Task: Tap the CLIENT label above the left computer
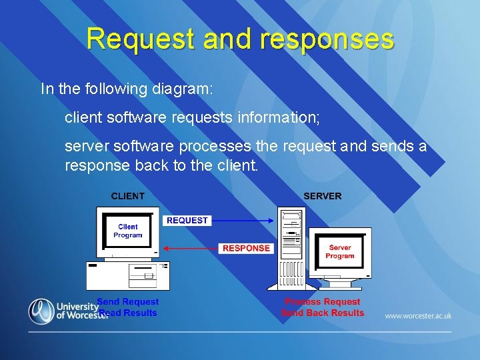pyautogui.click(x=127, y=196)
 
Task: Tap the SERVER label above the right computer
pyautogui.click(x=322, y=196)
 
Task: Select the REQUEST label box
pyautogui.click(x=187, y=221)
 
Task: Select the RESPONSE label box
pyautogui.click(x=246, y=248)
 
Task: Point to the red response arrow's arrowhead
pyautogui.click(x=165, y=249)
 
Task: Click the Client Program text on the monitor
pyautogui.click(x=127, y=231)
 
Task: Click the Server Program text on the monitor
pyautogui.click(x=340, y=251)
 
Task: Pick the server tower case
pyautogui.click(x=291, y=250)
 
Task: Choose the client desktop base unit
pyautogui.click(x=127, y=275)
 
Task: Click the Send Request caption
pyautogui.click(x=128, y=302)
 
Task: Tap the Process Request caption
pyautogui.click(x=323, y=302)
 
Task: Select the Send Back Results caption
pyautogui.click(x=323, y=313)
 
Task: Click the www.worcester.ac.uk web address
pyautogui.click(x=418, y=316)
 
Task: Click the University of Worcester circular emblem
pyautogui.click(x=41, y=311)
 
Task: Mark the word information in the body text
pyautogui.click(x=277, y=118)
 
